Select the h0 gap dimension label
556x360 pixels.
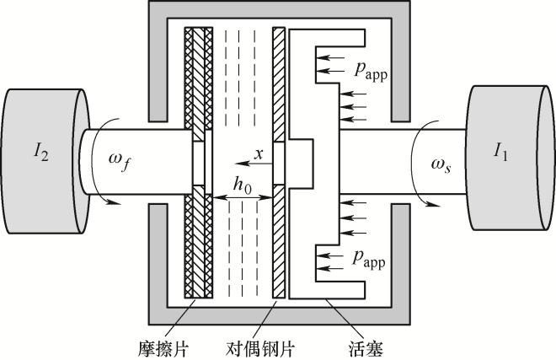click(242, 185)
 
